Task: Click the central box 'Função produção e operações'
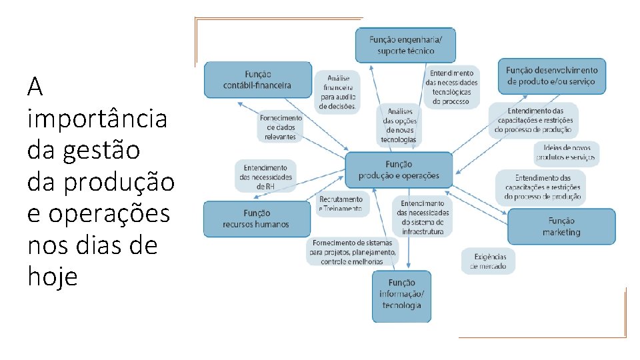[399, 169]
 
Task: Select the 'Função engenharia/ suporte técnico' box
[405, 45]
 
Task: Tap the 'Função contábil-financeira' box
[258, 79]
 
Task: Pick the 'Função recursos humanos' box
[256, 219]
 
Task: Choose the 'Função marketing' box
[561, 227]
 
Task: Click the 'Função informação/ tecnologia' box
[401, 294]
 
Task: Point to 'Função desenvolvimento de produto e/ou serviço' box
[551, 76]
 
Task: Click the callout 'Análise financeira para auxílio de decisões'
[337, 92]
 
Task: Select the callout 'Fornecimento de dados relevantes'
[281, 127]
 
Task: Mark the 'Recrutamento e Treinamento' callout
[341, 203]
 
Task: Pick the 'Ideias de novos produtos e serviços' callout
[567, 154]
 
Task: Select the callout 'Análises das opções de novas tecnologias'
[399, 125]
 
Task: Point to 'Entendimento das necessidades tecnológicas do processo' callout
[451, 87]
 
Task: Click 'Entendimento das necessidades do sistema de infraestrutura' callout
[423, 217]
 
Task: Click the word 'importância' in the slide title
[97, 119]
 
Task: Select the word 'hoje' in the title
[53, 276]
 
